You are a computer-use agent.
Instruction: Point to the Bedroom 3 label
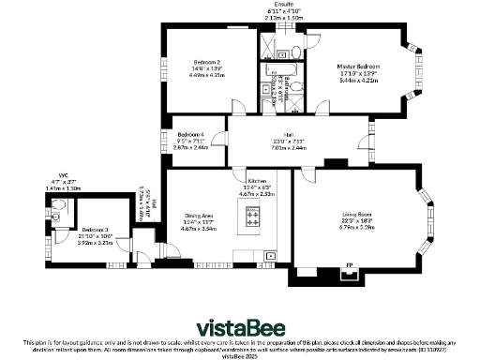[94, 230]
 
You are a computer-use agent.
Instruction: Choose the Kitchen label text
[258, 180]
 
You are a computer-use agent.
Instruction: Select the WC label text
[64, 173]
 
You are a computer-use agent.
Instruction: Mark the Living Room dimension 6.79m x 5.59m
[355, 227]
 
